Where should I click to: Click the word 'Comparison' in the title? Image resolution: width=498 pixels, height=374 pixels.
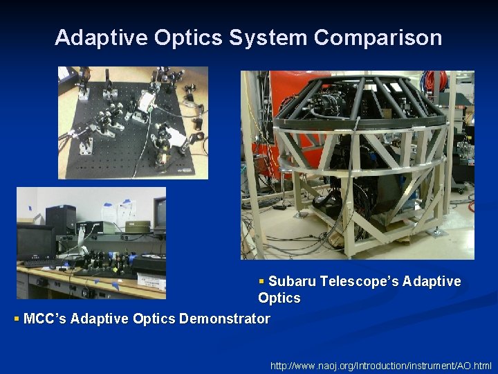coord(378,37)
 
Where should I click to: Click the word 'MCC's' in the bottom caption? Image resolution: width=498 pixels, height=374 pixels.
coord(45,319)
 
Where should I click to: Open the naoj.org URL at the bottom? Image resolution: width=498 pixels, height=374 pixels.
coord(381,365)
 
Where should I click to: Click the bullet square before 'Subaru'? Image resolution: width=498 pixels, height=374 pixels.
coord(261,281)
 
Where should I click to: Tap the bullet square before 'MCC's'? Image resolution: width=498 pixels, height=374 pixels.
coord(17,319)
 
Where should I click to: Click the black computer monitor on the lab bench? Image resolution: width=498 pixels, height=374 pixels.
coord(35,242)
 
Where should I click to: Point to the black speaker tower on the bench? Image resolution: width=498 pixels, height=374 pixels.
coord(61,220)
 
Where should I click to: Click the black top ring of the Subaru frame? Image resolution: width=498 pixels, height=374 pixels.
coord(360,86)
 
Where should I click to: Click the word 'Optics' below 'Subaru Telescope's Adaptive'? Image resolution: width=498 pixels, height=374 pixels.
coord(279,299)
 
